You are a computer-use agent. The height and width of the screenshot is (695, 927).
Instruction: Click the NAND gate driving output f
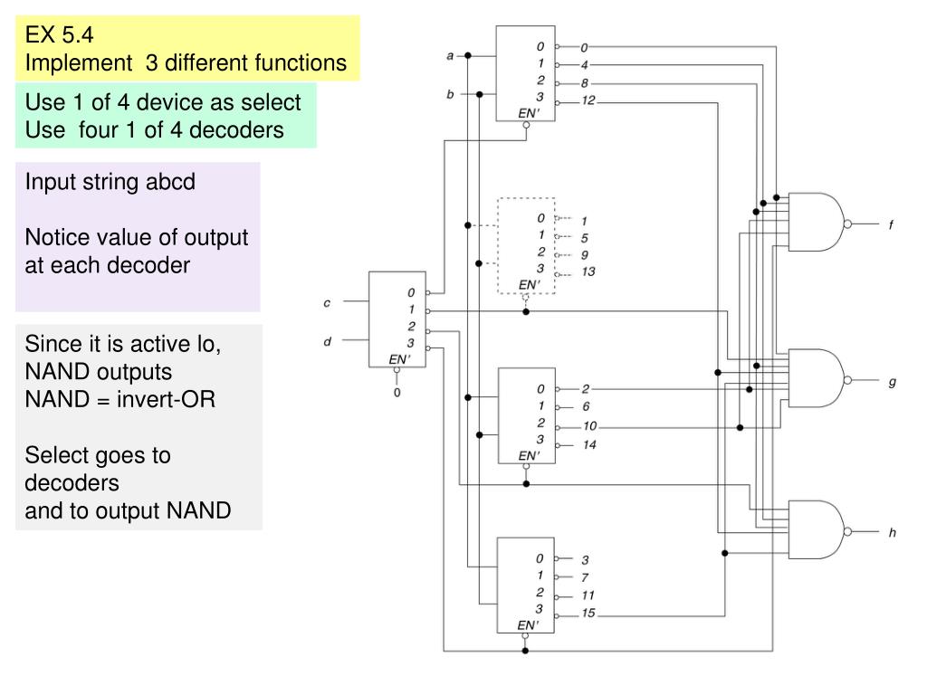pyautogui.click(x=817, y=223)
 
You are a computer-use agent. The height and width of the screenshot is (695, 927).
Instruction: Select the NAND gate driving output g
pyautogui.click(x=817, y=378)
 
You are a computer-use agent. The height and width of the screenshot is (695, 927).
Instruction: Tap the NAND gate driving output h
pyautogui.click(x=817, y=530)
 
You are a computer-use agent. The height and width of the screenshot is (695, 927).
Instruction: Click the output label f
pyautogui.click(x=891, y=224)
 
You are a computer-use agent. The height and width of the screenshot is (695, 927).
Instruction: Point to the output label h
pyautogui.click(x=892, y=532)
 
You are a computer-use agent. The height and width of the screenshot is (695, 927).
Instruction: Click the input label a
pyautogui.click(x=450, y=56)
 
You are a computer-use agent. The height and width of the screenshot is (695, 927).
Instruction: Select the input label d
pyautogui.click(x=327, y=341)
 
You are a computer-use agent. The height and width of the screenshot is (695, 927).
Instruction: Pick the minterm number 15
pyautogui.click(x=588, y=613)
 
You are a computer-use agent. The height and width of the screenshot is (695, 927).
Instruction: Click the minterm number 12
pyautogui.click(x=588, y=100)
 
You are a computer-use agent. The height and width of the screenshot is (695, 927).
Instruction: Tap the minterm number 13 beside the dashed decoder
pyautogui.click(x=588, y=271)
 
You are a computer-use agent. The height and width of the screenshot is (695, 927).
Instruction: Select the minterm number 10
pyautogui.click(x=590, y=426)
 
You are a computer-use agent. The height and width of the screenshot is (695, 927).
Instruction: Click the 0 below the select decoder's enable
pyautogui.click(x=397, y=393)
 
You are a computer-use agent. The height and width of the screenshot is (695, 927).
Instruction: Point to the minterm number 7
pyautogui.click(x=585, y=577)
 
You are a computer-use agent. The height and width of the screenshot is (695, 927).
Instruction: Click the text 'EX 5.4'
pyautogui.click(x=59, y=35)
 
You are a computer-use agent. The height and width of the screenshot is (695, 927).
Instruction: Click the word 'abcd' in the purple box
pyautogui.click(x=170, y=181)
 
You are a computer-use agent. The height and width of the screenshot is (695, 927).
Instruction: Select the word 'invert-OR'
pyautogui.click(x=167, y=399)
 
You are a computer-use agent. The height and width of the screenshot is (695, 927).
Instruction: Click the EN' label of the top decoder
pyautogui.click(x=529, y=113)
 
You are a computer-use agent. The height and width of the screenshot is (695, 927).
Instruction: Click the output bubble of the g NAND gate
pyautogui.click(x=847, y=379)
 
